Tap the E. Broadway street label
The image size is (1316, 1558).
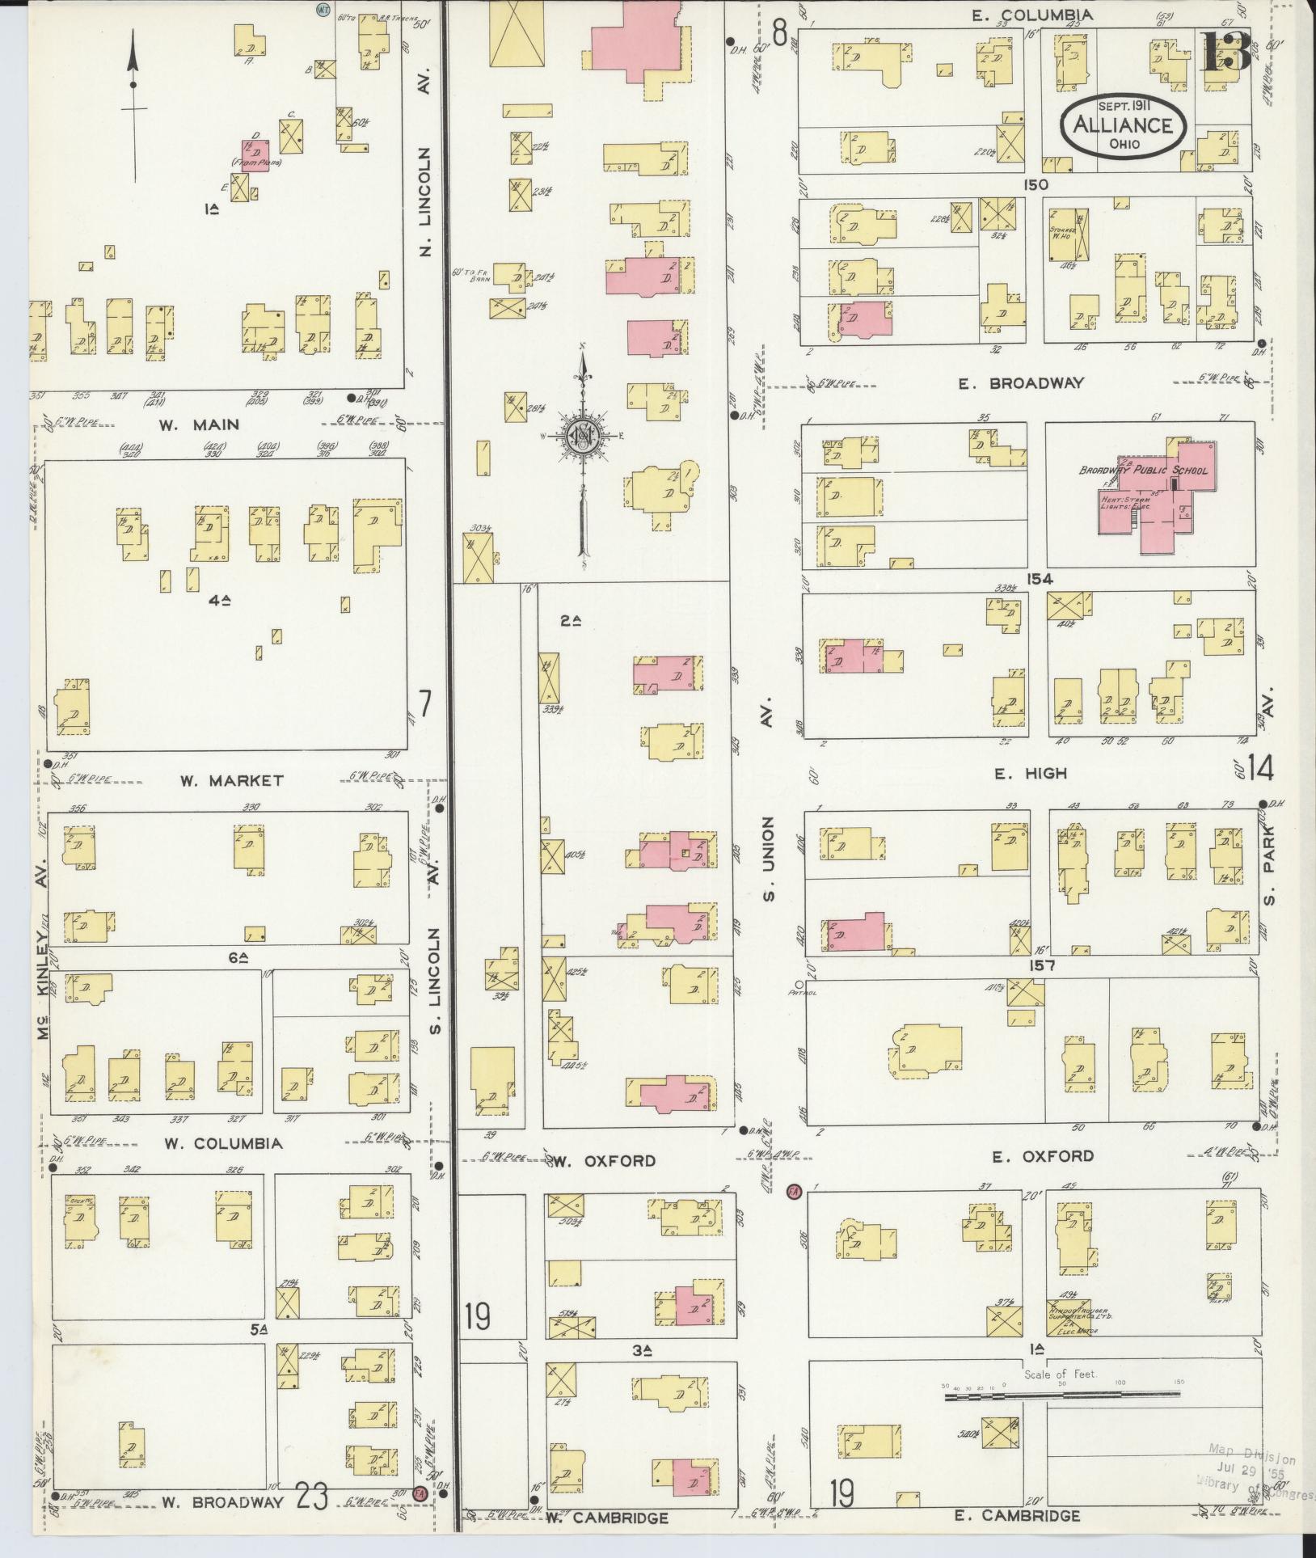(1021, 384)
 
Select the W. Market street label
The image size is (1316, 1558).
(231, 780)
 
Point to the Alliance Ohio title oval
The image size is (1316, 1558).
(1124, 126)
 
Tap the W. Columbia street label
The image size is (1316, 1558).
(223, 1143)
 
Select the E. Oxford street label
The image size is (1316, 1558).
(1043, 1157)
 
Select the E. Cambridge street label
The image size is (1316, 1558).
(1017, 1515)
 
